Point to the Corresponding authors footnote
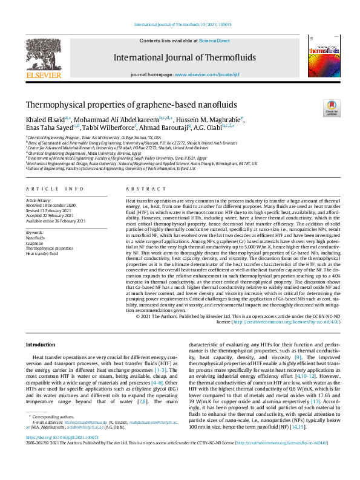51,434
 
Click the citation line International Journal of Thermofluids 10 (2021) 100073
180,25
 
